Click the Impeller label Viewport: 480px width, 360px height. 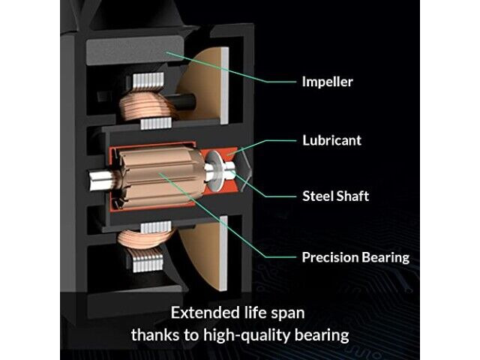pyautogui.click(x=327, y=82)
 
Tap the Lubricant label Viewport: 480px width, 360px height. pyautogui.click(x=331, y=140)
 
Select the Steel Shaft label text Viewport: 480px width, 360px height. pyautogui.click(x=335, y=196)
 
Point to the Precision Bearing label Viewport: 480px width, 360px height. pyautogui.click(x=355, y=257)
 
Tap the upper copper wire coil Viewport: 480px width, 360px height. pyautogui.click(x=144, y=106)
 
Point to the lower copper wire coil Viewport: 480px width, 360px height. pyautogui.click(x=144, y=239)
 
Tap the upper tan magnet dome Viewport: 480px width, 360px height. pyautogui.click(x=205, y=85)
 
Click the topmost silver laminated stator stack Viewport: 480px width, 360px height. pyautogui.click(x=148, y=81)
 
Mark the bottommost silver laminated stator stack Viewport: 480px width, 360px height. pyautogui.click(x=148, y=263)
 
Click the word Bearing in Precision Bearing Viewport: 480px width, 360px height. pyautogui.click(x=385, y=258)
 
